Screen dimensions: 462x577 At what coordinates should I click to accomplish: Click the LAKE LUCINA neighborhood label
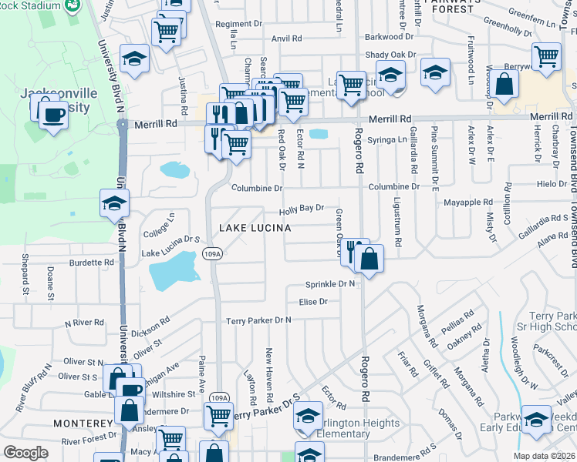(255, 228)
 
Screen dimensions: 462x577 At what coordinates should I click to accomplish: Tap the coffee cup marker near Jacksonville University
(52, 115)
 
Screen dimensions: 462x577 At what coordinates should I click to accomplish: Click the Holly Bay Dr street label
(301, 209)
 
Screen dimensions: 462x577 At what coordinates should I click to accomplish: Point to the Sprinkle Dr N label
(330, 284)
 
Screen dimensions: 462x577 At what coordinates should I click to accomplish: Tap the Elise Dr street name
(313, 302)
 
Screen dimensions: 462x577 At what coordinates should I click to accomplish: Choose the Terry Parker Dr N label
(258, 320)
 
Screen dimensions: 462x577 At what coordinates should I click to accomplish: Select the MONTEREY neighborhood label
(83, 423)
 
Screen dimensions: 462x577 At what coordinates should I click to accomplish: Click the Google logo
(25, 453)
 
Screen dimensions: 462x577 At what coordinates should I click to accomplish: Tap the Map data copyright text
(544, 456)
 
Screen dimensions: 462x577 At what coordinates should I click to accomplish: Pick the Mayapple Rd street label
(467, 203)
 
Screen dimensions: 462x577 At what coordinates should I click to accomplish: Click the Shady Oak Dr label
(390, 55)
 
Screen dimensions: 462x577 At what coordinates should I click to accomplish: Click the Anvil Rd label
(286, 38)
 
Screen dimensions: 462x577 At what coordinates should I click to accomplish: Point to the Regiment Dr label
(234, 24)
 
